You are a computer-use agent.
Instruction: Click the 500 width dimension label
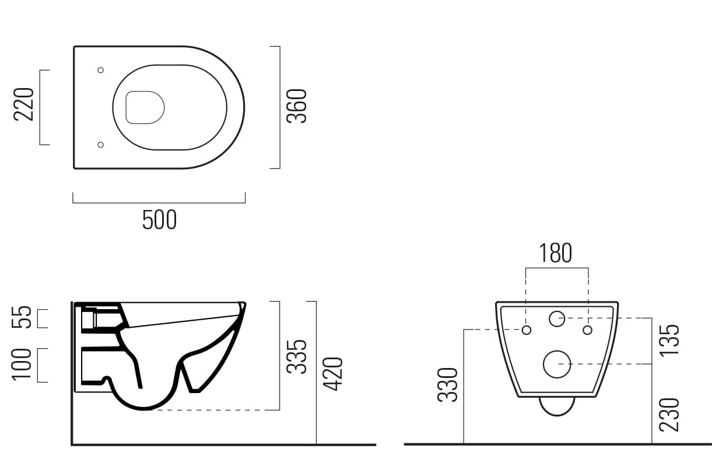[159, 220]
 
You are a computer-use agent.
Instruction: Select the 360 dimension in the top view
[297, 106]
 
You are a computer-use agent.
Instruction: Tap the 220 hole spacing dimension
[24, 104]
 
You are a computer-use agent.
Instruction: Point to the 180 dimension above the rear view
[555, 253]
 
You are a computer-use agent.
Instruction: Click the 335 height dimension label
[298, 356]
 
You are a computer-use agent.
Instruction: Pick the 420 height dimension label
[334, 374]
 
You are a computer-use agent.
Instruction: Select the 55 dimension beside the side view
[23, 318]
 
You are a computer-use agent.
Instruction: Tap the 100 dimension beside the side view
[23, 365]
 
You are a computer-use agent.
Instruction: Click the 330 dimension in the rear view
[448, 384]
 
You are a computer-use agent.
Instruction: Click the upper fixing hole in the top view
[100, 70]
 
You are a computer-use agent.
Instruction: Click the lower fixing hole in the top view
[100, 145]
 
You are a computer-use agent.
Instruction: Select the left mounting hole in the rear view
[527, 330]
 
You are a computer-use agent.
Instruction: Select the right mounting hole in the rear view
[587, 330]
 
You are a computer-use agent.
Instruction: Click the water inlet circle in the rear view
[557, 318]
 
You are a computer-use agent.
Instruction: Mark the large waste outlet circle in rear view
[557, 364]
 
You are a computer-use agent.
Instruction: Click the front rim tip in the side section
[243, 305]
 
